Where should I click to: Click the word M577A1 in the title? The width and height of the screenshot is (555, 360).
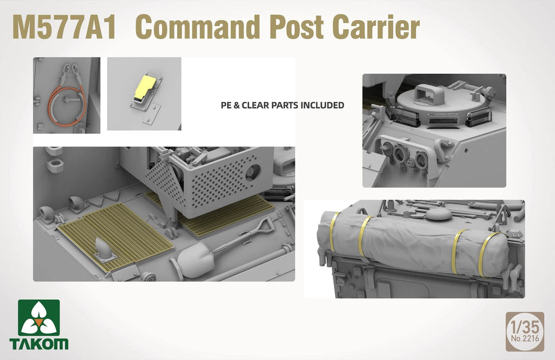pos(64,28)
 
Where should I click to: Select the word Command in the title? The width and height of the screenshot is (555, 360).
pos(198,28)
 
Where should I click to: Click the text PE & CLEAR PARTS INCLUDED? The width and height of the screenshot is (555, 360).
pos(282,105)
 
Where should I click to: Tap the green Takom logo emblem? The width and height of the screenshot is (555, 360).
pos(39,318)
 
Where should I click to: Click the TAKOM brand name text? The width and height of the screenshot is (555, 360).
pos(39,344)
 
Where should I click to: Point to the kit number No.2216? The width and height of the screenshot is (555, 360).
pos(525,339)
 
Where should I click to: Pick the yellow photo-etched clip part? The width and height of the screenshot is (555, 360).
pos(143,87)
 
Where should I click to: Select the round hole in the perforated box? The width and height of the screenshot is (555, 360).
pos(253,173)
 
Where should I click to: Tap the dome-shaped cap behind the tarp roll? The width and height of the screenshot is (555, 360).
pos(438,214)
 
